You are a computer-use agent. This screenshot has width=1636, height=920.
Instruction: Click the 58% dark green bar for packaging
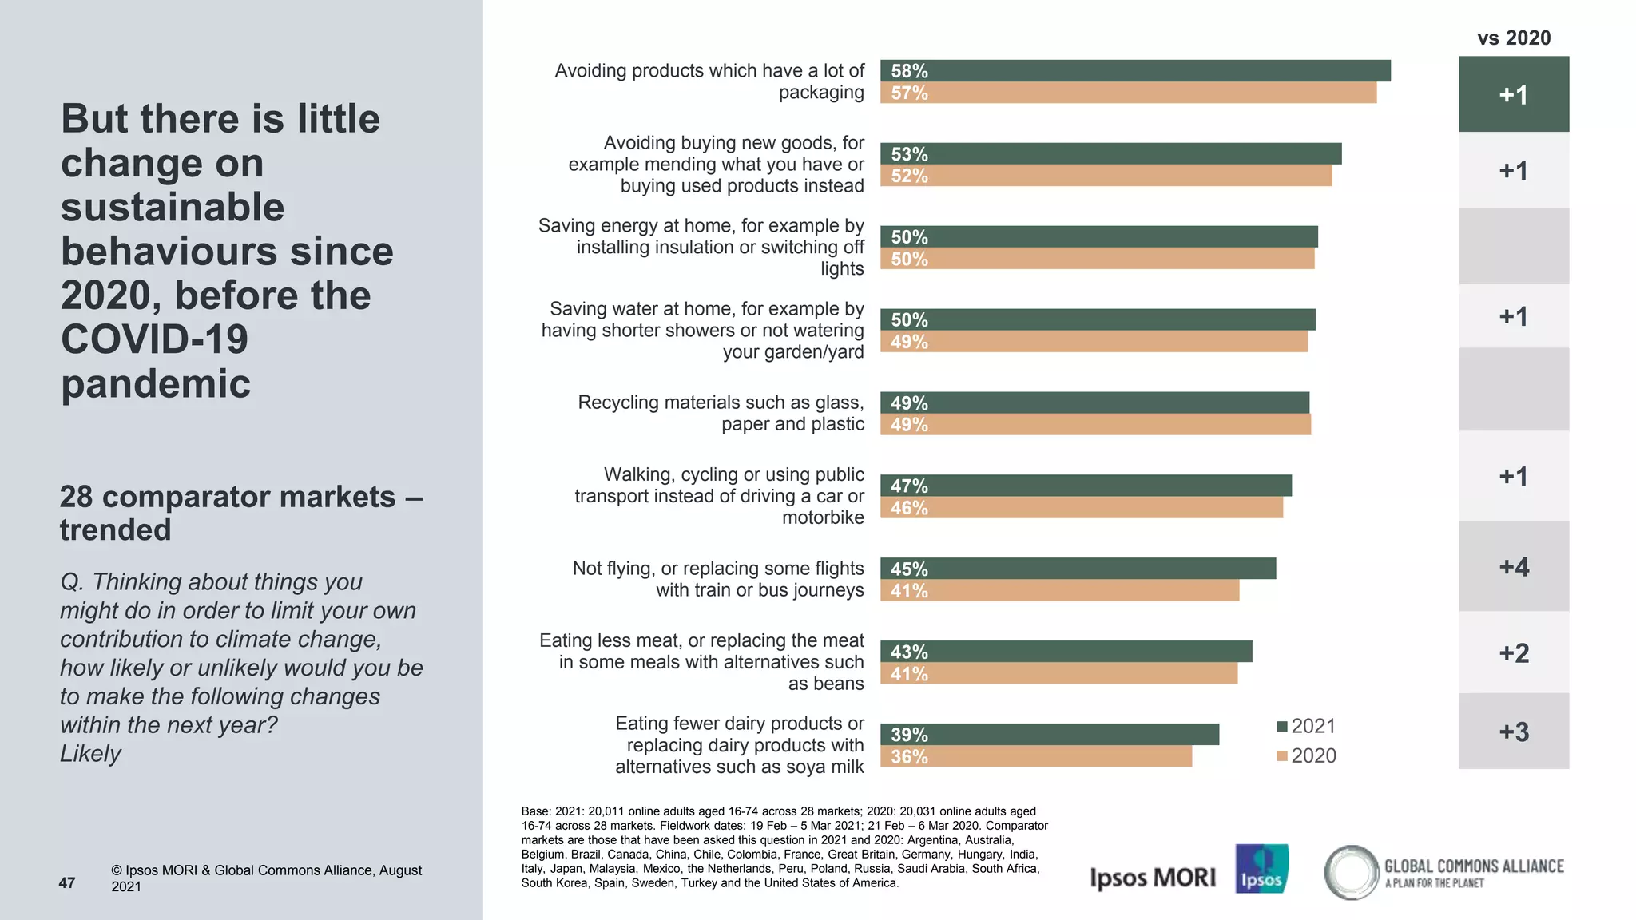tap(1134, 70)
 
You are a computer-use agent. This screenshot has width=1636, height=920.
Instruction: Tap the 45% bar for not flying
tap(1078, 569)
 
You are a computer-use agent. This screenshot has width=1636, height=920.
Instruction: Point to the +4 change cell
tap(1513, 567)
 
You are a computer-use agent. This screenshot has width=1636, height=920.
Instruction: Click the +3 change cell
tap(1513, 732)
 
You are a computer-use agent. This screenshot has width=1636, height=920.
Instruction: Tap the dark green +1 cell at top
tap(1513, 94)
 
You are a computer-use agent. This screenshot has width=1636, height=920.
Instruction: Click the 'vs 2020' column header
tap(1513, 38)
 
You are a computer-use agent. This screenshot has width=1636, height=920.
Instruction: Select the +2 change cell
tap(1513, 653)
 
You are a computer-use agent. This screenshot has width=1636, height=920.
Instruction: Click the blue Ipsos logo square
tap(1261, 869)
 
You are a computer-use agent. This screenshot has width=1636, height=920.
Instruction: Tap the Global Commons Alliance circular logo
tap(1351, 872)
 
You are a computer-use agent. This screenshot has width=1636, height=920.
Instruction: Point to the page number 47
tap(67, 882)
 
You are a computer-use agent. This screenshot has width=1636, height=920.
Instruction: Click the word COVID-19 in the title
tap(154, 339)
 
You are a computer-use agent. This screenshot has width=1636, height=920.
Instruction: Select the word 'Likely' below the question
tap(90, 753)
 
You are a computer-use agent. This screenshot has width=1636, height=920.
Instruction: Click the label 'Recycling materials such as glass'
tap(720, 402)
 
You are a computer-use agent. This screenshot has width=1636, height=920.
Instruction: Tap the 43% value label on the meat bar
tap(909, 652)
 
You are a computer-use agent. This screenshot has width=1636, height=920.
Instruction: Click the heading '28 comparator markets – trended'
tap(240, 513)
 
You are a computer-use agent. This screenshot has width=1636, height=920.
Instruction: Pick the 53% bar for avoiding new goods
tap(1110, 153)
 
